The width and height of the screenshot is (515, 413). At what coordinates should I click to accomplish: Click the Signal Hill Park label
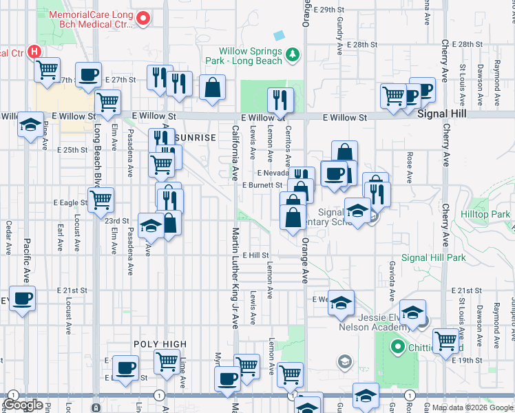(433, 258)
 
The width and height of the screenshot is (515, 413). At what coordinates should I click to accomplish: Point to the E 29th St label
(328, 10)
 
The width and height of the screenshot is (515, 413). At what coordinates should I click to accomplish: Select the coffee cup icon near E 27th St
(88, 75)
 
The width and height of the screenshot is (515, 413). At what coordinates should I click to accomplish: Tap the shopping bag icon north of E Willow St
(213, 87)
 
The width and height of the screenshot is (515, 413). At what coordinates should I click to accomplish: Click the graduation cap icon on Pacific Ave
(30, 125)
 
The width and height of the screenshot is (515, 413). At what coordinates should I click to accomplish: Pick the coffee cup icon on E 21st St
(22, 299)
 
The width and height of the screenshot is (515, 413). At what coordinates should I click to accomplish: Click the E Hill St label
(255, 255)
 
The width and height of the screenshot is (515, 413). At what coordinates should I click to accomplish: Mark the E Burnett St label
(262, 185)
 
